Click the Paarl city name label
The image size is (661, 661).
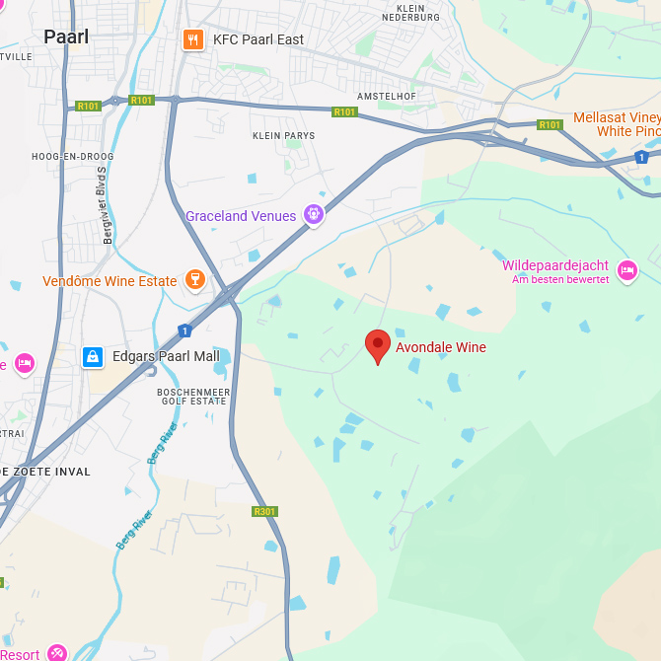pyautogui.click(x=66, y=37)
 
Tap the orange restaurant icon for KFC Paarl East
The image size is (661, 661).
pyautogui.click(x=192, y=39)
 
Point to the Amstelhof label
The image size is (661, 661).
pyautogui.click(x=388, y=96)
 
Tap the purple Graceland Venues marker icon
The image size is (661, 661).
pyautogui.click(x=314, y=214)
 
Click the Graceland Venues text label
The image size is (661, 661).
pyautogui.click(x=241, y=216)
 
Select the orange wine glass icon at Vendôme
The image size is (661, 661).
pyautogui.click(x=194, y=280)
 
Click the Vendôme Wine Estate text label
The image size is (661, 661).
pyautogui.click(x=110, y=281)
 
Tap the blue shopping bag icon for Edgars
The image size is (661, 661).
pyautogui.click(x=93, y=356)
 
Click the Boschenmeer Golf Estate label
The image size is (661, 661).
pyautogui.click(x=193, y=398)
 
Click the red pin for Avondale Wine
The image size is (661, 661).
pyautogui.click(x=378, y=345)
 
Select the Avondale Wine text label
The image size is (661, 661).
pyautogui.click(x=441, y=347)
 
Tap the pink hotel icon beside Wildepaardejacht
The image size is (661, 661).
pyautogui.click(x=626, y=269)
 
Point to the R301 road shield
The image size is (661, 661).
pyautogui.click(x=264, y=511)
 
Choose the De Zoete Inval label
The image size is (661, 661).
pyautogui.click(x=46, y=472)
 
